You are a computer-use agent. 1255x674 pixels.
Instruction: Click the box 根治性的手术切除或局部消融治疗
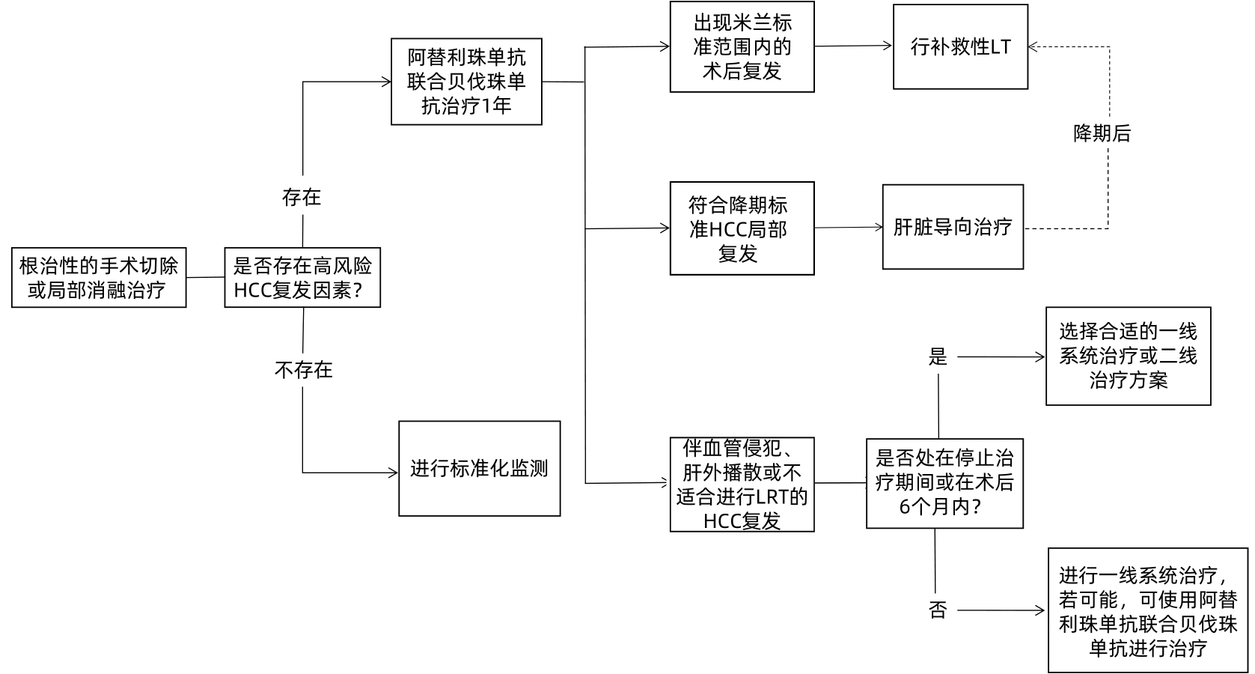(x=99, y=278)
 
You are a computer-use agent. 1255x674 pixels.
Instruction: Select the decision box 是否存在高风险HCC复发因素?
(x=302, y=278)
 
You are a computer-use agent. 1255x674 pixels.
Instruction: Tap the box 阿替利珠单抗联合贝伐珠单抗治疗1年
(x=466, y=82)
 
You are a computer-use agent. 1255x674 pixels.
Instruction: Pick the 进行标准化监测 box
(x=479, y=469)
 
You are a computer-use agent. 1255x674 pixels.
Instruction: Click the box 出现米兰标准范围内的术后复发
(x=742, y=46)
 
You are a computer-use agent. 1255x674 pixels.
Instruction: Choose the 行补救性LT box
(x=960, y=46)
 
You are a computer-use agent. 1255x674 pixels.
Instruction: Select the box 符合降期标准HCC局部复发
(x=742, y=228)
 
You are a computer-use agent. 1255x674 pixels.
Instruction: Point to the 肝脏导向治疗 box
(x=953, y=227)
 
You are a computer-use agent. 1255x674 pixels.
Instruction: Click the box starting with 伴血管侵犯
(x=742, y=485)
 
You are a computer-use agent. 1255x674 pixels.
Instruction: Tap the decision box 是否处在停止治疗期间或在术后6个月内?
(x=944, y=483)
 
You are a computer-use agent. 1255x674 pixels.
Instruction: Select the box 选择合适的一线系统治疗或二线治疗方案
(x=1128, y=356)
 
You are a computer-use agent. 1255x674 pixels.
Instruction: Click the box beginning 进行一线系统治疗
(x=1148, y=610)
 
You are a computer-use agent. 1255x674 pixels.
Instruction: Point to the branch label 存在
(x=302, y=197)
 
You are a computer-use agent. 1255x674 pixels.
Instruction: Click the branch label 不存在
(x=303, y=370)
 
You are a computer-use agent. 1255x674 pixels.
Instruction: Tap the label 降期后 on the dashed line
(x=1102, y=134)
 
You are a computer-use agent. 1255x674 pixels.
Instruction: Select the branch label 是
(x=938, y=357)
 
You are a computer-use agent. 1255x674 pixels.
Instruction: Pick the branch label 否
(x=938, y=610)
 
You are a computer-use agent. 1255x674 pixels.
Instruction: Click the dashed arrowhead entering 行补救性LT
(x=1033, y=47)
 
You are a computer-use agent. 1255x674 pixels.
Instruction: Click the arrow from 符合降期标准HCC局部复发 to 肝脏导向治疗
(x=848, y=228)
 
